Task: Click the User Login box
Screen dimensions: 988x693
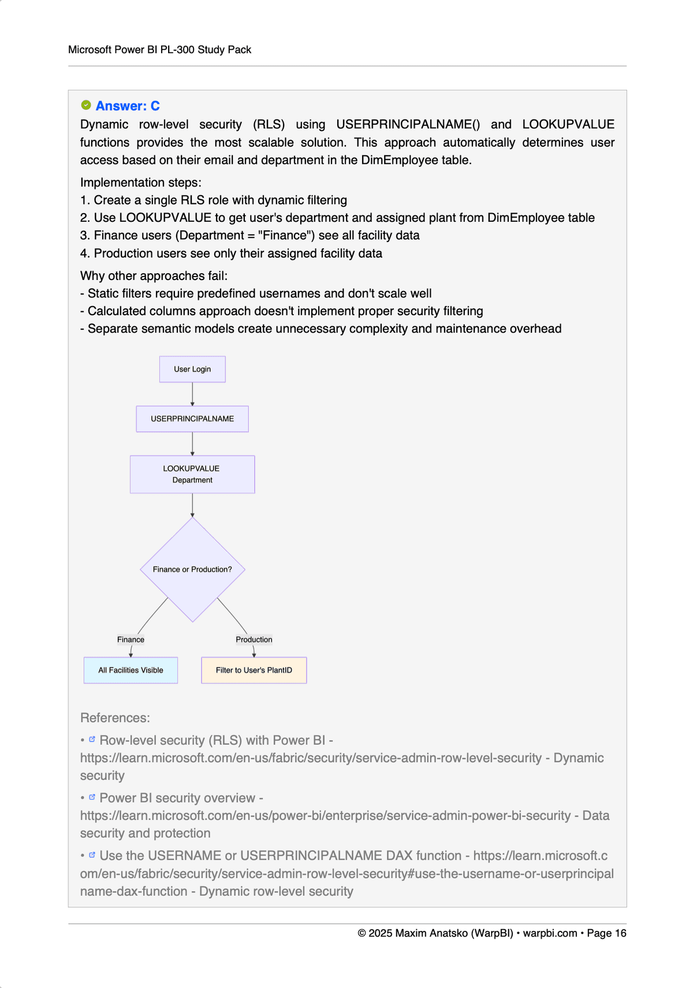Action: point(192,369)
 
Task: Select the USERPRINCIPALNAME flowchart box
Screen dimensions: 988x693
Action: point(192,419)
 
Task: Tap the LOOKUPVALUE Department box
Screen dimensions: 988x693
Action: point(192,474)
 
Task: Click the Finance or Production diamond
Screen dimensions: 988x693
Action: point(192,569)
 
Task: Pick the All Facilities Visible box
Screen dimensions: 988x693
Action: point(131,670)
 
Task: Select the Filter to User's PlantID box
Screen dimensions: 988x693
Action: point(254,670)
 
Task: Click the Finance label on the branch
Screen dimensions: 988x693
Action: point(131,639)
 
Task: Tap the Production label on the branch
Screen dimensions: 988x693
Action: point(254,639)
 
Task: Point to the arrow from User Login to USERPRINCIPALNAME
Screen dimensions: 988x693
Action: point(192,394)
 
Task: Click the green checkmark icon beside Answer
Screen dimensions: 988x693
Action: point(86,105)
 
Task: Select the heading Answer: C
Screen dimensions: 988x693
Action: point(128,106)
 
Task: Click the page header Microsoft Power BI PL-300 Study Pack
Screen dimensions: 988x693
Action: point(159,50)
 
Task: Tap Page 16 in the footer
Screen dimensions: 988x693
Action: point(606,933)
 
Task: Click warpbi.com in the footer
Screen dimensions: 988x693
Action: point(550,933)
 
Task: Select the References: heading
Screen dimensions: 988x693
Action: point(115,718)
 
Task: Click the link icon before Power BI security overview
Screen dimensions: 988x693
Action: point(92,797)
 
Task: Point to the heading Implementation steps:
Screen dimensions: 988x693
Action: point(141,182)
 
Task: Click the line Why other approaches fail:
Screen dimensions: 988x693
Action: point(154,275)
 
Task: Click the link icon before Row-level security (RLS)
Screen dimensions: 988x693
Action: point(92,739)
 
